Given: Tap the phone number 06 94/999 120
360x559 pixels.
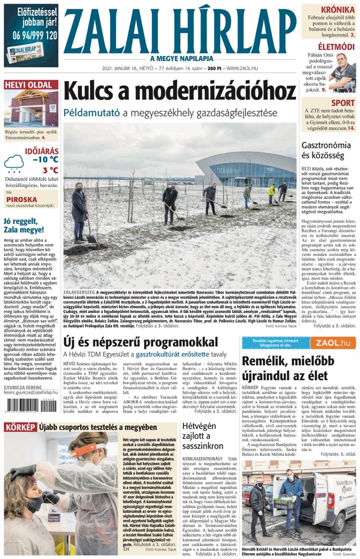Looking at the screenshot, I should coord(31,35).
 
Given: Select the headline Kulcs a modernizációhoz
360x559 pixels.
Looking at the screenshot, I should coord(179,91).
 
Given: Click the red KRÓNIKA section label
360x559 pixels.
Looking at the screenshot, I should coord(337,10).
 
